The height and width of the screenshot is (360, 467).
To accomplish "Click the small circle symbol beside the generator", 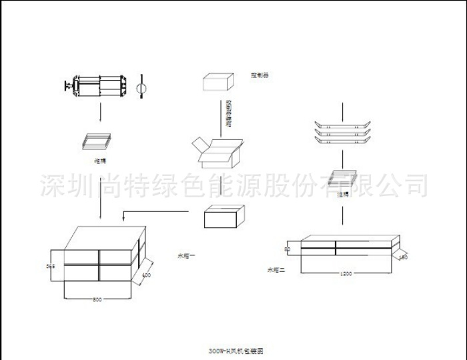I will coord(141,89).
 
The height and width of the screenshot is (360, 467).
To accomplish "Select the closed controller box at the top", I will coord(218,83).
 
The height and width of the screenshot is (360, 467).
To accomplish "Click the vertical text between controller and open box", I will coord(229,113).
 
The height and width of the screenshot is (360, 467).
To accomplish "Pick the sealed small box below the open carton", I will coord(224,217).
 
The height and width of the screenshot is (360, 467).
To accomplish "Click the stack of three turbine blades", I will coord(344,132).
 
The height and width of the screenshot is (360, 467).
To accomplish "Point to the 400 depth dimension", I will coord(146,275).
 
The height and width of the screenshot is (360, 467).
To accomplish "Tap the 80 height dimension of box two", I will coord(288,249).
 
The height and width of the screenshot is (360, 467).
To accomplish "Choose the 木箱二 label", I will coord(276,270).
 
